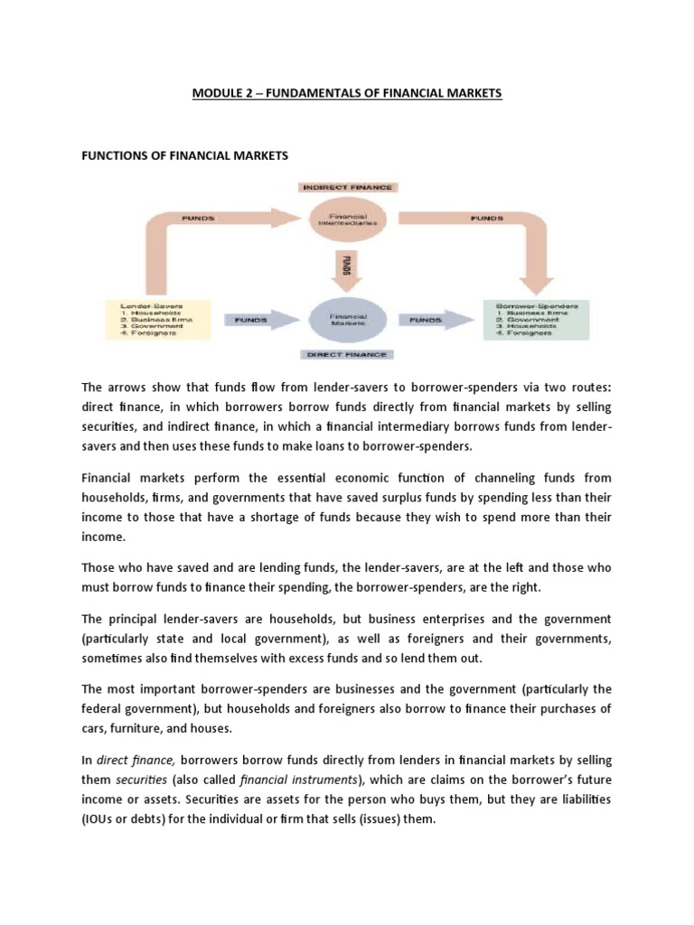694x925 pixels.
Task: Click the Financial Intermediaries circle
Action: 346,219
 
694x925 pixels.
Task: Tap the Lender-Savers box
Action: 159,320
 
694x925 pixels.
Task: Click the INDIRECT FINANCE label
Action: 346,186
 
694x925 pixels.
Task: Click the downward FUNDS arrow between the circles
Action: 347,267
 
